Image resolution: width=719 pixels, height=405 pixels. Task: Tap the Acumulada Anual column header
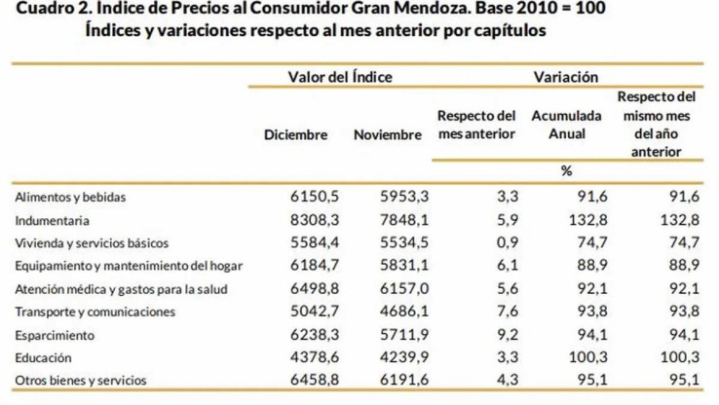tap(566, 125)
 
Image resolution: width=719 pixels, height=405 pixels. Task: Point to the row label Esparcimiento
tap(56, 334)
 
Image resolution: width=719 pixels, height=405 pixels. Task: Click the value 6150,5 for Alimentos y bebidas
tap(315, 197)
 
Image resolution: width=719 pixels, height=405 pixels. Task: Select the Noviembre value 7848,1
tap(405, 220)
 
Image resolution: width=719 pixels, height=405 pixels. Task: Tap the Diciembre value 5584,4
tap(315, 242)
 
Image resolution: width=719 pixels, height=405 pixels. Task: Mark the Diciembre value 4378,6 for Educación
tap(315, 356)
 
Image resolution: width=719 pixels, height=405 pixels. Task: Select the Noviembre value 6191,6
tap(405, 380)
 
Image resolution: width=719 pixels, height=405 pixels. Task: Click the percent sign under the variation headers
tap(565, 171)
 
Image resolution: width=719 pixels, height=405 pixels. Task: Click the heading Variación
tap(565, 76)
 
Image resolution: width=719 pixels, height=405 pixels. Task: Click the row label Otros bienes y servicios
tap(80, 380)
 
